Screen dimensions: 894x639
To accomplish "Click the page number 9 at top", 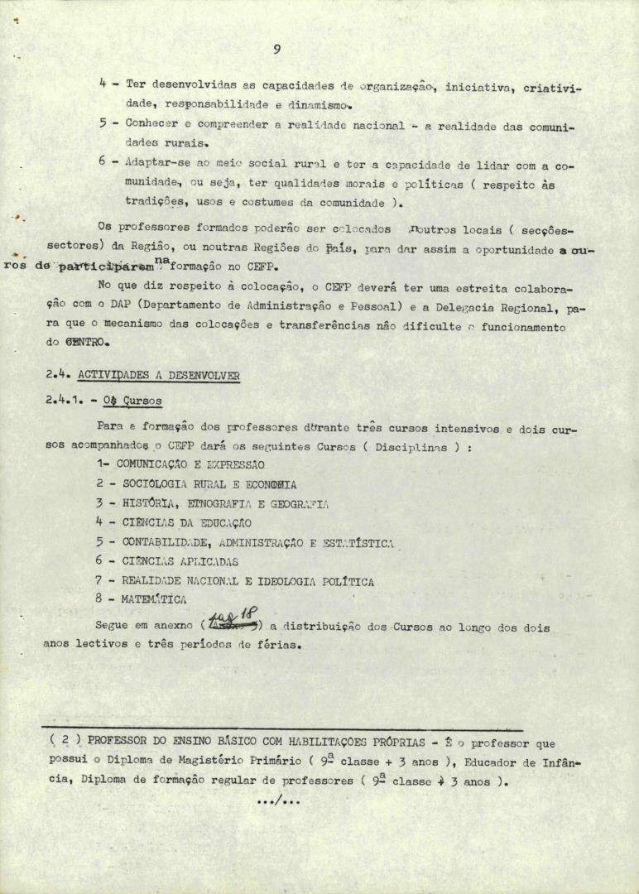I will pyautogui.click(x=276, y=50).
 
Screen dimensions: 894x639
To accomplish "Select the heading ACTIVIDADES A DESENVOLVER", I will pyautogui.click(x=158, y=375).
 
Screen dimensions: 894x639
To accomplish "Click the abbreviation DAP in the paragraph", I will pyautogui.click(x=132, y=309).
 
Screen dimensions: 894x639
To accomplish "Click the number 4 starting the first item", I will pyautogui.click(x=101, y=84).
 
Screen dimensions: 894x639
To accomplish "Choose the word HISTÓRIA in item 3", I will pyautogui.click(x=147, y=503).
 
